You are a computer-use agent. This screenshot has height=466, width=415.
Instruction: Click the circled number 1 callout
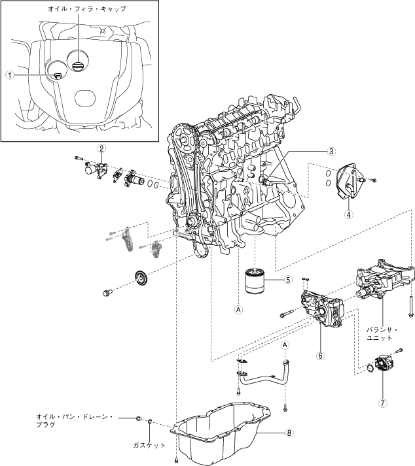10,75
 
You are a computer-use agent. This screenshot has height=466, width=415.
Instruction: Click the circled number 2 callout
102,148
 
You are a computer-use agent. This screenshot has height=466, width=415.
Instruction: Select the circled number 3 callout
332,151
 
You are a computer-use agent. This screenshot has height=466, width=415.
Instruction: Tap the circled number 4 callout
349,214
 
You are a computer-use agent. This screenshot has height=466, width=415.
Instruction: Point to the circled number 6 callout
321,356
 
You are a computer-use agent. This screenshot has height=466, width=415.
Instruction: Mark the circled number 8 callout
289,432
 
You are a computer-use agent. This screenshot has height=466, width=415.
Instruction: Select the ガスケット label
148,445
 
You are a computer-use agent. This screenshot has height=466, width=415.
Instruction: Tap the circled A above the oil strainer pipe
285,344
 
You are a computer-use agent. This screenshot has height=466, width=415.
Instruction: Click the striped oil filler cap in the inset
77,65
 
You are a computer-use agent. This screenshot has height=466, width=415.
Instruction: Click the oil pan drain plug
137,418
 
